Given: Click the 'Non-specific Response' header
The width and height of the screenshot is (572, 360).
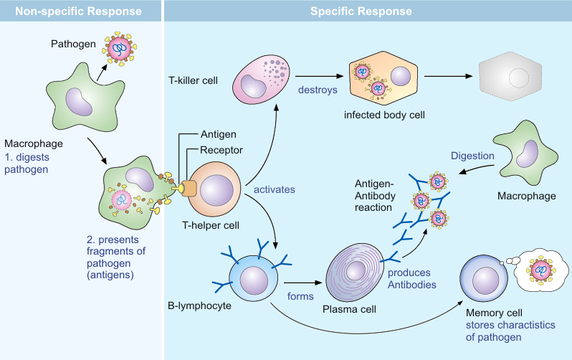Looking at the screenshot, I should pos(80,11).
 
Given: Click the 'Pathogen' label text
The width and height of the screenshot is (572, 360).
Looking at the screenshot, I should pos(73,44).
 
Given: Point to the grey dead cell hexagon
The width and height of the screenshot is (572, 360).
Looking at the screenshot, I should pos(510,77).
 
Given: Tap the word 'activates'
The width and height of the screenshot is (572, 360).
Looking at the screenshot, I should pos(275,190).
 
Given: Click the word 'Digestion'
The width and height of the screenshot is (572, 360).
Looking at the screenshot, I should pos(472,156).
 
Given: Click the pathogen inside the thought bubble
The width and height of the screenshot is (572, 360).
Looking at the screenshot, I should pos(540,270).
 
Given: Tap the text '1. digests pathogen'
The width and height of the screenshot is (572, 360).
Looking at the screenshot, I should pos(27,164).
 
